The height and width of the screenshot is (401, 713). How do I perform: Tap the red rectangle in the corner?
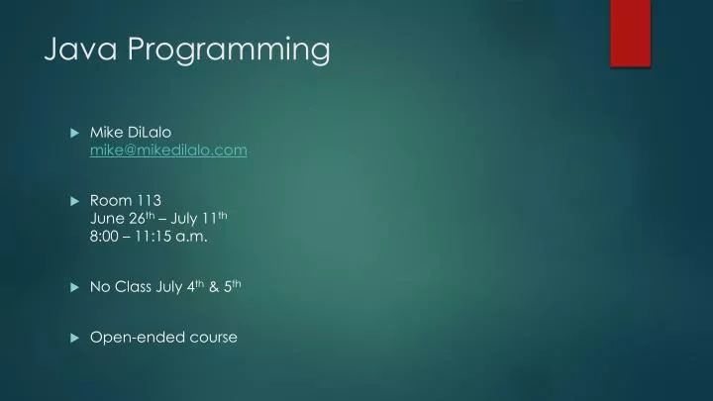click(630, 33)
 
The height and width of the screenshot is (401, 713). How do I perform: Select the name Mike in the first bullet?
click(106, 132)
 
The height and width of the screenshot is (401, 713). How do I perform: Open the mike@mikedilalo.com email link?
click(168, 150)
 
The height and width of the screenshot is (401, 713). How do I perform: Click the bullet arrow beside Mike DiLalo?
click(75, 133)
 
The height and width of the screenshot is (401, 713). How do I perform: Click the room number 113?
click(150, 199)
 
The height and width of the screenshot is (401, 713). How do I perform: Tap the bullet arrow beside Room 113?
click(75, 200)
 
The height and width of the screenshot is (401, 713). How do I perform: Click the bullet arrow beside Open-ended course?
click(75, 338)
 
